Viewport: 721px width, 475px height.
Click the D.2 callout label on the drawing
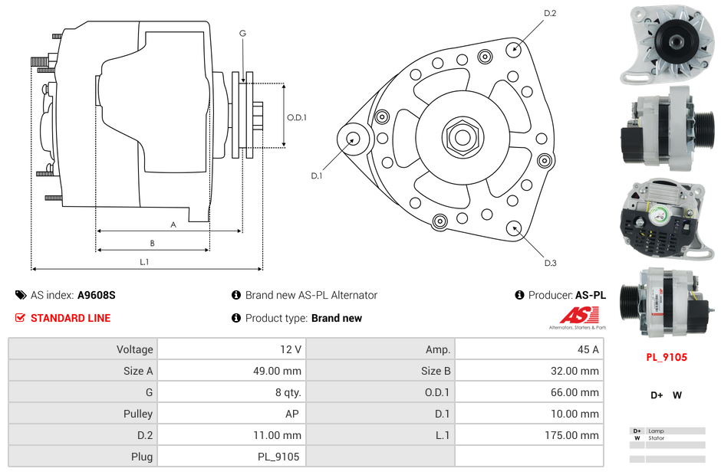click(x=550, y=13)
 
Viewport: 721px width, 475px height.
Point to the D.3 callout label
click(x=550, y=263)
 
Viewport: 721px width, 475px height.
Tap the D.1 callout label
click(x=317, y=175)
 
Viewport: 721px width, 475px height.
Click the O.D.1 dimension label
click(x=297, y=117)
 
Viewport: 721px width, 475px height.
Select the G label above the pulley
click(x=242, y=33)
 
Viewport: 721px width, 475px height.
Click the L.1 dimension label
click(x=144, y=262)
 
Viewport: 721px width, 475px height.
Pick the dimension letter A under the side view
click(x=173, y=224)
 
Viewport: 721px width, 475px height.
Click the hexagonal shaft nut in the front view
click(x=463, y=137)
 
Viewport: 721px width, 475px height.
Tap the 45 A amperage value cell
click(x=528, y=349)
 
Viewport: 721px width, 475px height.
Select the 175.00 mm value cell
click(x=528, y=435)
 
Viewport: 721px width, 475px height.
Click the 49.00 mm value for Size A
click(x=231, y=371)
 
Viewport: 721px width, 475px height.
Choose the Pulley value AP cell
click(x=231, y=414)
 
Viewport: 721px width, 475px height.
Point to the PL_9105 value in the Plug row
click(x=231, y=457)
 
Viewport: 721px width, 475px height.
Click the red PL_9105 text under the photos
click(x=666, y=357)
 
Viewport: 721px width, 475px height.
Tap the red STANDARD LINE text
click(x=70, y=318)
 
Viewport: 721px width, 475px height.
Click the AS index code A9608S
click(x=96, y=295)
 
